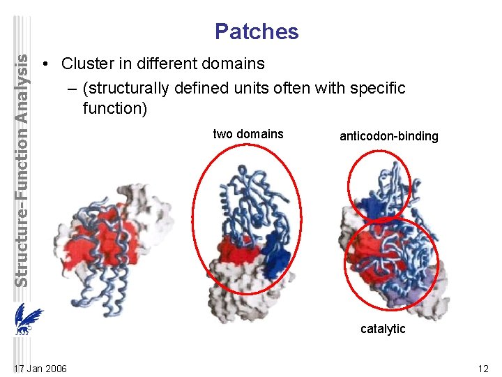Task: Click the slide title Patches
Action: point(257,31)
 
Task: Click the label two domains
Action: point(248,134)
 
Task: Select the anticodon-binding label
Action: point(388,136)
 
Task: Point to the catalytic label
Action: point(382,329)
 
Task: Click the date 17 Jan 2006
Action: point(40,368)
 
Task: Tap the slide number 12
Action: point(483,368)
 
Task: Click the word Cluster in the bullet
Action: point(85,64)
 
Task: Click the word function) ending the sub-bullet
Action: point(114,108)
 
